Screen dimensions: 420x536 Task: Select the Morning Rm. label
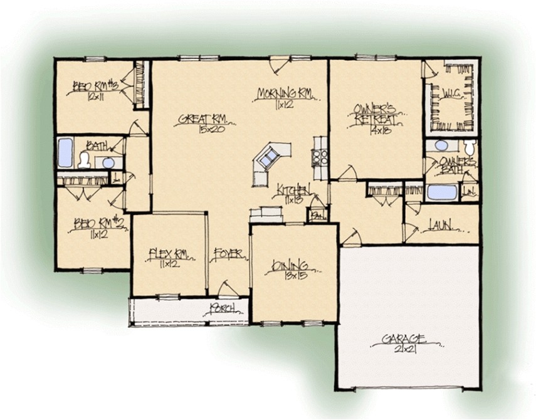[x=285, y=93]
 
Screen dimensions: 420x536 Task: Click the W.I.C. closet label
[x=449, y=95]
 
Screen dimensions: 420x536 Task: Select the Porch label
[x=222, y=307]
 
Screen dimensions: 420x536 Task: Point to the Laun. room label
[x=441, y=224]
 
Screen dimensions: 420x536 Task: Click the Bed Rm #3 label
[x=91, y=85]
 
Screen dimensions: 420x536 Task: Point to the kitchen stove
[x=317, y=157]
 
